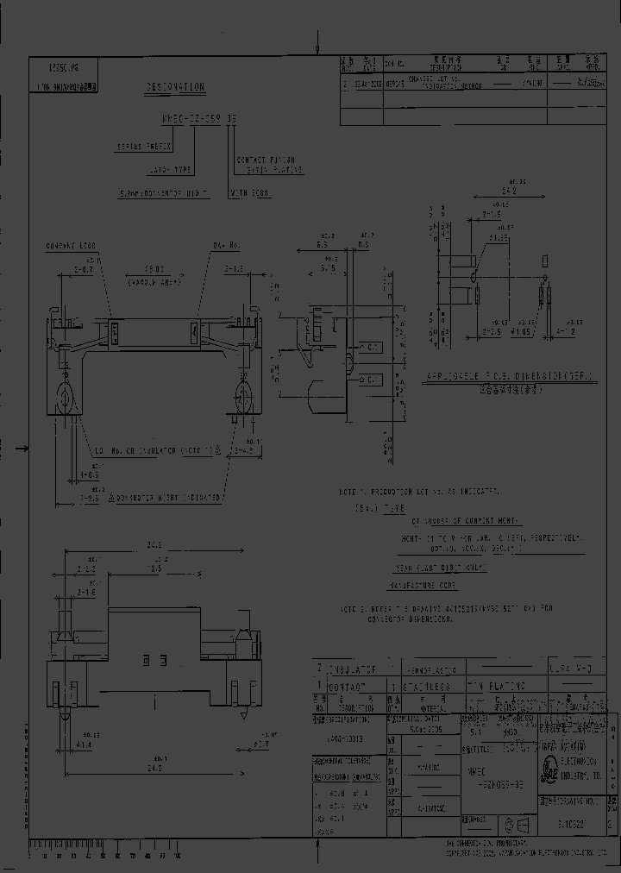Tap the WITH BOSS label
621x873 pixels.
click(x=250, y=195)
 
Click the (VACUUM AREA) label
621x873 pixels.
click(x=154, y=281)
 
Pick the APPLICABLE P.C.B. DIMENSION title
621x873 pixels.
click(x=507, y=378)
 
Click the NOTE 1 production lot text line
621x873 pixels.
click(x=419, y=491)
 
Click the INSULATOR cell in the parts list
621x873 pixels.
click(x=353, y=669)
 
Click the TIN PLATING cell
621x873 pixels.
click(x=496, y=686)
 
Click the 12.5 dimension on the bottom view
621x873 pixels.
click(x=156, y=569)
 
